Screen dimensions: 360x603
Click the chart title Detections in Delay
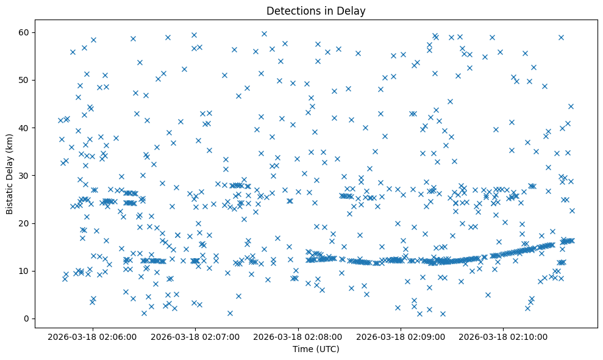316,11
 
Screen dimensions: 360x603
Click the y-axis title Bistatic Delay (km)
10,170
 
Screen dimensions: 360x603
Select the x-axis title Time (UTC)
316,349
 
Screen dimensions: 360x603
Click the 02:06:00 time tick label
92,336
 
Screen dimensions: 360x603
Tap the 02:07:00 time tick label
195,336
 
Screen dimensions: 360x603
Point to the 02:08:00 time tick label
298,336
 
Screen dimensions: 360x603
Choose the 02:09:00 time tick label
401,336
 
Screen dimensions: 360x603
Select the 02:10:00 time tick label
504,336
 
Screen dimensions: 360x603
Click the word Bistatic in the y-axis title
10,195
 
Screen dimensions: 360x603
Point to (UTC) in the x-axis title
327,349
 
